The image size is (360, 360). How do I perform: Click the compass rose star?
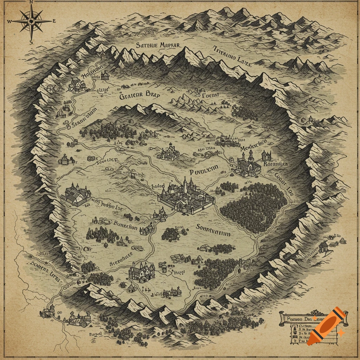[31, 21]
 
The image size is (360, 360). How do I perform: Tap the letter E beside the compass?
[54, 21]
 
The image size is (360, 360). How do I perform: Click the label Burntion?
[126, 227]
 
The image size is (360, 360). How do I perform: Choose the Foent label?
[211, 95]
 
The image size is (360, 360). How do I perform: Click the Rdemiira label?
[276, 164]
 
